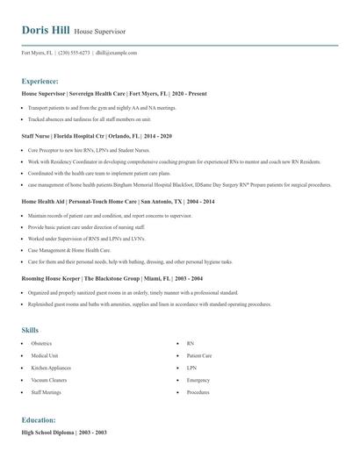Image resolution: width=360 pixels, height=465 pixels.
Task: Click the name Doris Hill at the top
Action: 45,31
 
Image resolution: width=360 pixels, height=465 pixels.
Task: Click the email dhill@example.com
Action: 116,54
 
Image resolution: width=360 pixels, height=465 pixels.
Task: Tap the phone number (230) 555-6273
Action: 74,54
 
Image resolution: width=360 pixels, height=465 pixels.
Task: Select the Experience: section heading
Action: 40,81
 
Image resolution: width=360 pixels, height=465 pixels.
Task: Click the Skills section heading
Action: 30,330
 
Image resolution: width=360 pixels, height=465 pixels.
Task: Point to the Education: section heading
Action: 39,420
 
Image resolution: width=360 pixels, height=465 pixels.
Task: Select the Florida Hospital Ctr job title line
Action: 97,137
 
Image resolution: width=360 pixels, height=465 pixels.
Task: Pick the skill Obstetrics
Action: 41,344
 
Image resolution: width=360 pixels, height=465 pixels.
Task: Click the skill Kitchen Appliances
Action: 50,368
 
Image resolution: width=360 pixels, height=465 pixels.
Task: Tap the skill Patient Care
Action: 199,356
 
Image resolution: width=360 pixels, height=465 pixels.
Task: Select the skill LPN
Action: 191,368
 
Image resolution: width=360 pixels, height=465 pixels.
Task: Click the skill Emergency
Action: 198,381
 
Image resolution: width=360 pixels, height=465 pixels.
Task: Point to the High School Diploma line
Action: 64,433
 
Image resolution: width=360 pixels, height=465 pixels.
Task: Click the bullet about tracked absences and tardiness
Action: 90,118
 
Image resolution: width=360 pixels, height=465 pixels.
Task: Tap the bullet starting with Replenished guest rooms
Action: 149,304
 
